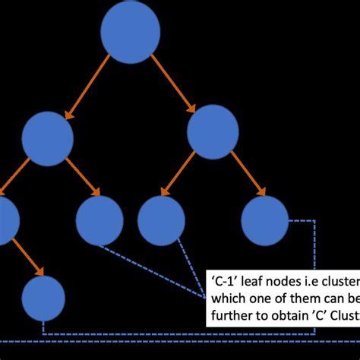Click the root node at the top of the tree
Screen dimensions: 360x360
(x=131, y=32)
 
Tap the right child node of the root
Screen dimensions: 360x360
(x=213, y=131)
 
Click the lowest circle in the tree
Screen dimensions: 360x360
(x=43, y=298)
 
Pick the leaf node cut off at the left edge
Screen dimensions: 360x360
(x=6, y=220)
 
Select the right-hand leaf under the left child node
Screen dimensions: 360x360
(x=99, y=220)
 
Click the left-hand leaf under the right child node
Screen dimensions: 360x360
(x=161, y=220)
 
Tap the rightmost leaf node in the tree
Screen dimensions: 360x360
(x=265, y=220)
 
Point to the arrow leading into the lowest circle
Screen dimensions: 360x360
(x=28, y=259)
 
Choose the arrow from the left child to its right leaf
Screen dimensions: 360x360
(x=83, y=177)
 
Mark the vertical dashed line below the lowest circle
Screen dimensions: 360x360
(x=43, y=327)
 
